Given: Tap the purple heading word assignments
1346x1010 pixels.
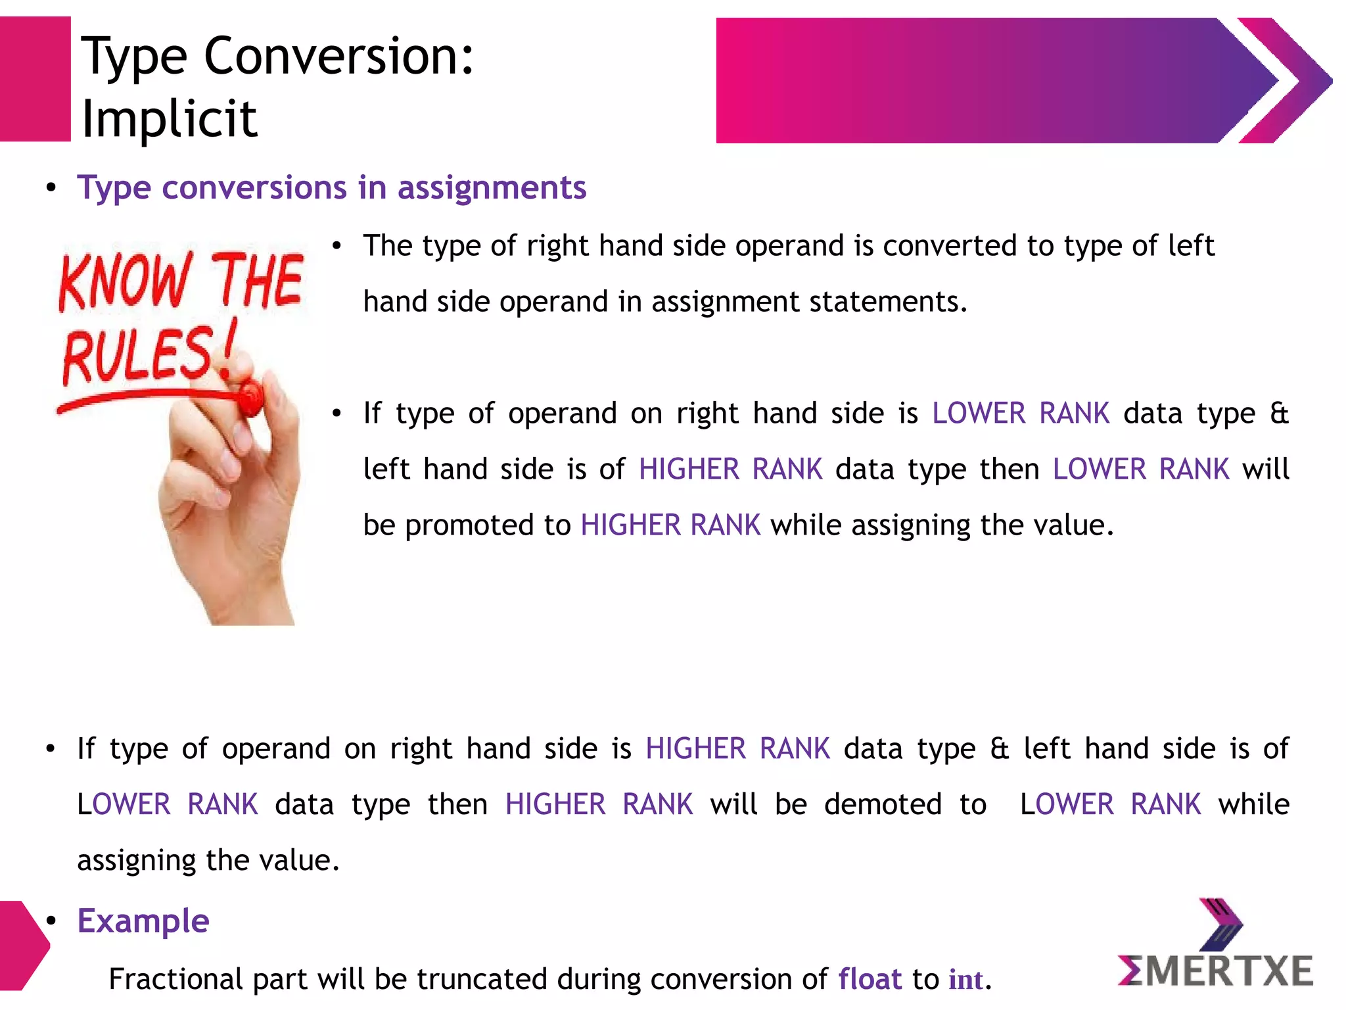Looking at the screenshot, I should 492,189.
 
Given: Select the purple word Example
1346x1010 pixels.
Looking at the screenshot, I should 143,921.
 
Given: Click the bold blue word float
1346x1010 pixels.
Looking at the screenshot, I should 870,979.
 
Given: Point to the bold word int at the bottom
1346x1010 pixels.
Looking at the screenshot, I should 965,980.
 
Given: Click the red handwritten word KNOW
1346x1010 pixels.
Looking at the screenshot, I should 125,281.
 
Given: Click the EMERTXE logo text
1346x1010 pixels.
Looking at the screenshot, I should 1215,971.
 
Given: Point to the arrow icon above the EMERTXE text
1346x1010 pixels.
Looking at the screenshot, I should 1220,924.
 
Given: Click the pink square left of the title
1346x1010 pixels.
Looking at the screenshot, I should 35,79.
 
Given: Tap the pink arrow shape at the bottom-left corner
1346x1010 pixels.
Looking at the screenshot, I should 22,946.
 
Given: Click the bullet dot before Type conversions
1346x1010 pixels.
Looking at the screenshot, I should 51,189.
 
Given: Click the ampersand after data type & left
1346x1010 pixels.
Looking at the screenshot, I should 999,749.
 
